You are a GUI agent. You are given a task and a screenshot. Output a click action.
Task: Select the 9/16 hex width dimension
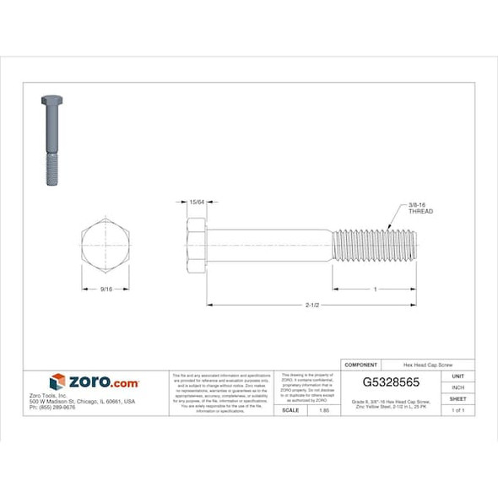tap(105, 289)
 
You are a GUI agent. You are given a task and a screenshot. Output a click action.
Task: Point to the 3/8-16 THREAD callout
tap(420, 208)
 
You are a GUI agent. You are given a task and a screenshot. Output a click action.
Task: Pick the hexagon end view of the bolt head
tap(105, 246)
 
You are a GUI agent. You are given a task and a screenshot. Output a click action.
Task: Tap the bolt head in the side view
tap(196, 246)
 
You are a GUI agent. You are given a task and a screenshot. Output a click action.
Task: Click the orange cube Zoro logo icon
tap(57, 382)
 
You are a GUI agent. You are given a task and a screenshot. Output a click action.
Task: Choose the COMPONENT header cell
tap(361, 365)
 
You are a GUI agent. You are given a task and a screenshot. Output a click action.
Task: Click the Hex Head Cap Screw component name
tap(427, 365)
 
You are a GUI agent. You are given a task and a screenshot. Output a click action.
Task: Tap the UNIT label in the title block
tap(458, 376)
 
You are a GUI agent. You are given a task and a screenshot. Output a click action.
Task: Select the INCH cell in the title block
tap(458, 387)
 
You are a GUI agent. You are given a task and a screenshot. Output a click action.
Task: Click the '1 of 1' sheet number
tap(458, 409)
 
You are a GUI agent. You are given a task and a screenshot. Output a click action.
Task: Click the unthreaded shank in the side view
tap(268, 246)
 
